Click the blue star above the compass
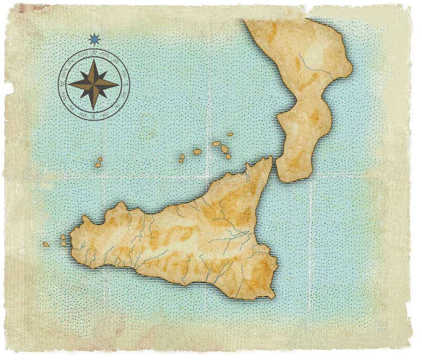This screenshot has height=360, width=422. (94, 38)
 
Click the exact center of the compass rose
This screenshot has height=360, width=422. (94, 84)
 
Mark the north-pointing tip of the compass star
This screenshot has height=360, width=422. (94, 59)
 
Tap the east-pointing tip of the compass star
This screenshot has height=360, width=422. (119, 84)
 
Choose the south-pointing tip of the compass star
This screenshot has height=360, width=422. (94, 109)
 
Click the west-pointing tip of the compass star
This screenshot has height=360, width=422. (69, 84)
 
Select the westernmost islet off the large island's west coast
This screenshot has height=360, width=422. (46, 245)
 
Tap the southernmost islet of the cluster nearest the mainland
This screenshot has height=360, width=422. (228, 157)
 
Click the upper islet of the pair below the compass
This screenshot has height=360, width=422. (100, 159)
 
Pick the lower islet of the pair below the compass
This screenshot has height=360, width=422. (98, 165)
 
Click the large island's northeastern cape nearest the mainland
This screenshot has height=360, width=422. (271, 159)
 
